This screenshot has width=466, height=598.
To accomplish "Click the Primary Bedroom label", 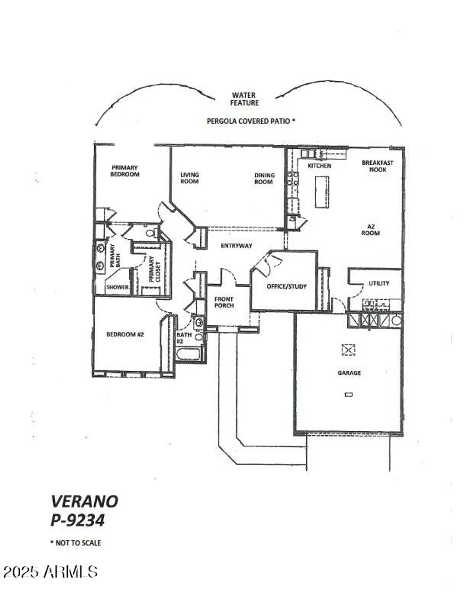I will [x=125, y=171].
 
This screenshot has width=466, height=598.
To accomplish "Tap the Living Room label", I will [x=189, y=178].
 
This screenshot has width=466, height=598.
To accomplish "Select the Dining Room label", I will [x=264, y=178].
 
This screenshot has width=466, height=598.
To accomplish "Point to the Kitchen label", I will [x=319, y=165].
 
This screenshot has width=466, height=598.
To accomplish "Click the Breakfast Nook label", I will [x=377, y=166].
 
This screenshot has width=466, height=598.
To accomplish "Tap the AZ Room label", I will [x=370, y=230].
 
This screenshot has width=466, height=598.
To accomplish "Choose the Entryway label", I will [x=236, y=246].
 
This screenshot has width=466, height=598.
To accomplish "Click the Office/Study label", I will [x=286, y=286].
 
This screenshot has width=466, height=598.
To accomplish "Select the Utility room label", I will [x=379, y=283].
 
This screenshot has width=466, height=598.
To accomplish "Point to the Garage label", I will [x=349, y=373].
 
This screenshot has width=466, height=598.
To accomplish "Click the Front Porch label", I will [x=224, y=302].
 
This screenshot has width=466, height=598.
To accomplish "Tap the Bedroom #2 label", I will [x=125, y=334].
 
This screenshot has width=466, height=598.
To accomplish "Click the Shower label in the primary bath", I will [x=117, y=287].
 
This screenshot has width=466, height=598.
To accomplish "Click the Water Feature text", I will [x=244, y=99].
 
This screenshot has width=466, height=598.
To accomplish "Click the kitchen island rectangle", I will [x=322, y=192].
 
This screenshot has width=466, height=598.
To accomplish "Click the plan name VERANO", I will [x=85, y=501].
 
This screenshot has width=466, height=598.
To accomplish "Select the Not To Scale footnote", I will [x=76, y=543].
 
